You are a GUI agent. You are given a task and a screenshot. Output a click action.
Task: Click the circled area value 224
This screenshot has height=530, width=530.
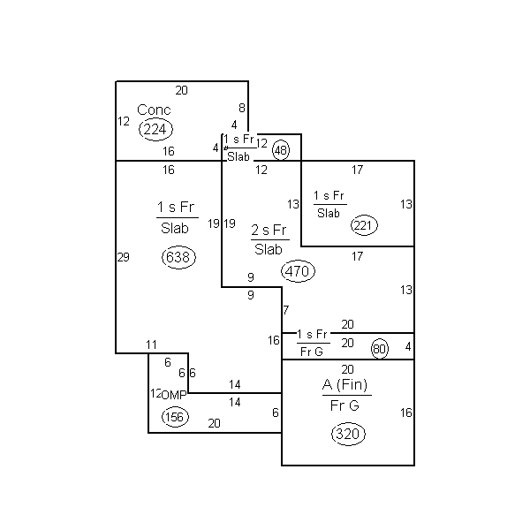[x=155, y=130]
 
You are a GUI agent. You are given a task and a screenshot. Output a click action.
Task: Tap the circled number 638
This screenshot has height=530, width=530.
[x=178, y=257]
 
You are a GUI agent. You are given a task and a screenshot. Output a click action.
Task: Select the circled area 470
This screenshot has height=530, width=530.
[x=298, y=271]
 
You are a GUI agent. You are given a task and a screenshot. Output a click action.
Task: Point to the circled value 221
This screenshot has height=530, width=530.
[x=364, y=225]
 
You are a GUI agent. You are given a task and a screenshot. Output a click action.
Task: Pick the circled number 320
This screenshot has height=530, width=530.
[x=348, y=434]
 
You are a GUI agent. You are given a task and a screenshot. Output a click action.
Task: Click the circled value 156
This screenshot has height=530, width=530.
[x=175, y=417]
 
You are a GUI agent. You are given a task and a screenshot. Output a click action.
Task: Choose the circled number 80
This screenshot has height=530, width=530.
[x=380, y=349]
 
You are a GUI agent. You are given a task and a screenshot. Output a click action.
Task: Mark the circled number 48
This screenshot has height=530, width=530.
[x=281, y=150]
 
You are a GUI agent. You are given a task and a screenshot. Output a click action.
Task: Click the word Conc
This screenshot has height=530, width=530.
[x=154, y=110]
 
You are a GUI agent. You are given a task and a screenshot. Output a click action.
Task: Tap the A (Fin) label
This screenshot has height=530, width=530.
[x=344, y=384]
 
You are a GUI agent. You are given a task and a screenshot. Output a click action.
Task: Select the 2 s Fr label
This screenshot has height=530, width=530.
[x=269, y=231]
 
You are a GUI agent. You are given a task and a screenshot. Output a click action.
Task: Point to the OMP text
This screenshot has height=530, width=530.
[x=174, y=395]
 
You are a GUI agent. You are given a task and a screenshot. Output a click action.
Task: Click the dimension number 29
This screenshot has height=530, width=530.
[x=124, y=257]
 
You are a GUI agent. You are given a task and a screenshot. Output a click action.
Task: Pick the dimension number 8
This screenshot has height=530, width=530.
[x=242, y=108]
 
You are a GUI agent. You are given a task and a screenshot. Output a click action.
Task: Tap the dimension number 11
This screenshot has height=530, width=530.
[x=151, y=344]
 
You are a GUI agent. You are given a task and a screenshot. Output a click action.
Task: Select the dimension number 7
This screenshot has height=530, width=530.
[x=286, y=310]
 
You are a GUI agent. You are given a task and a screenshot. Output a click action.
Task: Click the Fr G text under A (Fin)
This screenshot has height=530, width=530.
[x=344, y=405]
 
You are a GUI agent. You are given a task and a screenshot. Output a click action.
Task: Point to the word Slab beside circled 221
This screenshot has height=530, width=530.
[x=329, y=213]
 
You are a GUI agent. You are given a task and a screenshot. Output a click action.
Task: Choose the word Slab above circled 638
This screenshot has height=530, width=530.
[x=174, y=228]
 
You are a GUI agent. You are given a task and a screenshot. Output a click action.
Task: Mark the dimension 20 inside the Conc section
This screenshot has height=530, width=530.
[x=181, y=90]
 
